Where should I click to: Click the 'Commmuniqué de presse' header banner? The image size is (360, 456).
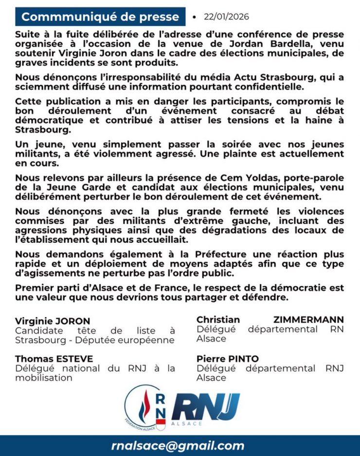tap(100, 17)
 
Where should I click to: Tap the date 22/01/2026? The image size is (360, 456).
tap(226, 17)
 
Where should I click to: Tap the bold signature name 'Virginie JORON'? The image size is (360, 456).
tap(53, 321)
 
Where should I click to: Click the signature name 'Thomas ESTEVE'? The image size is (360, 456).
tap(54, 359)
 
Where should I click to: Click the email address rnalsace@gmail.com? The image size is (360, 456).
tap(178, 446)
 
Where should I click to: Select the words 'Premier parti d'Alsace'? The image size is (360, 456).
tap(60, 288)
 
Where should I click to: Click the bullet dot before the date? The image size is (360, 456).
tap(195, 17)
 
